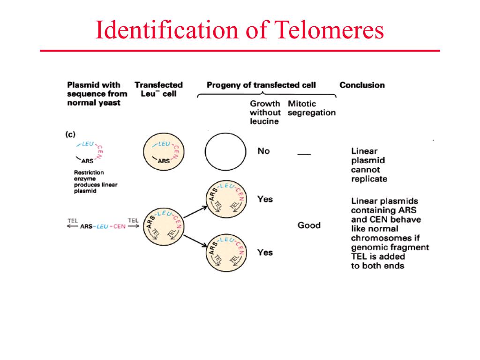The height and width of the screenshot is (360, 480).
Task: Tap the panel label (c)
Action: click(x=70, y=135)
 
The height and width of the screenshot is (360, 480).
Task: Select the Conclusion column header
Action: click(x=362, y=85)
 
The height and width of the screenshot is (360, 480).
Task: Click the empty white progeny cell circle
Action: click(x=225, y=152)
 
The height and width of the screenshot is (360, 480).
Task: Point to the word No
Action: click(x=264, y=151)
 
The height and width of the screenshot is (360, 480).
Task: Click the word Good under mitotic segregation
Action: click(x=309, y=225)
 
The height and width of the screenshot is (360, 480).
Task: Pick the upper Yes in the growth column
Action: click(x=265, y=199)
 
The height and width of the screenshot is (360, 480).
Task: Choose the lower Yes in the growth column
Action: click(x=265, y=253)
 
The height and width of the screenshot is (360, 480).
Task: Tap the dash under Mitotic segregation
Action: click(x=304, y=153)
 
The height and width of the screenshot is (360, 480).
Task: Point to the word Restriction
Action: click(x=89, y=172)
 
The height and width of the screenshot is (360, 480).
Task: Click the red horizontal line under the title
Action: click(x=240, y=51)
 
